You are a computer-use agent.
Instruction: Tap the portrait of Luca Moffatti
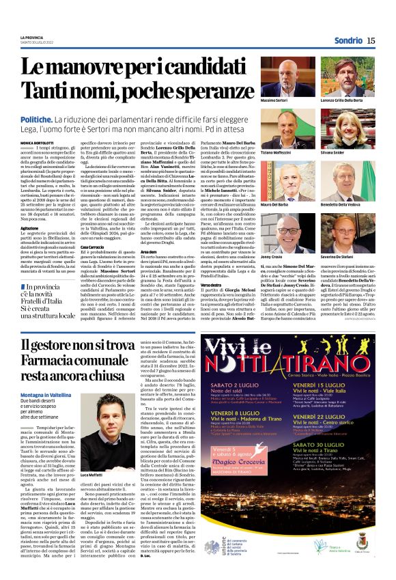(98, 421)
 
